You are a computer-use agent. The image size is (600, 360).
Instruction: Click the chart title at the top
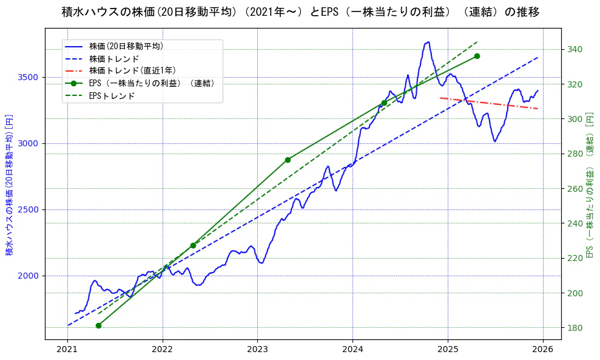coord(300,12)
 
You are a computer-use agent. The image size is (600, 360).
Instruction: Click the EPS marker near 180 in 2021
coord(98,325)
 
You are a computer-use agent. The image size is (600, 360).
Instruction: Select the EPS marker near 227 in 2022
coord(193,245)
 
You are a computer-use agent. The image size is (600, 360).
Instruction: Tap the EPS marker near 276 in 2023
coord(288,160)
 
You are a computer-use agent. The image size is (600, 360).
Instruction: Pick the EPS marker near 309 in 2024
coord(384,103)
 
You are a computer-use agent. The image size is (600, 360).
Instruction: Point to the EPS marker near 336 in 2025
coord(477,56)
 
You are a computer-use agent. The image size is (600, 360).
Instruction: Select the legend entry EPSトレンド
coord(112,96)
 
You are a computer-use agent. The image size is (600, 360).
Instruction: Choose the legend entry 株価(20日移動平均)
coord(126,46)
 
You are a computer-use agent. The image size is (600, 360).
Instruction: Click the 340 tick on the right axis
coord(574,50)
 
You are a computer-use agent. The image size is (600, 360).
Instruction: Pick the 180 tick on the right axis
coord(574,328)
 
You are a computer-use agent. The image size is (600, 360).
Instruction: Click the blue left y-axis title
coord(9,185)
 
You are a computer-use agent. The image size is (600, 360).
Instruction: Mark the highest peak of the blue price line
coord(428,42)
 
